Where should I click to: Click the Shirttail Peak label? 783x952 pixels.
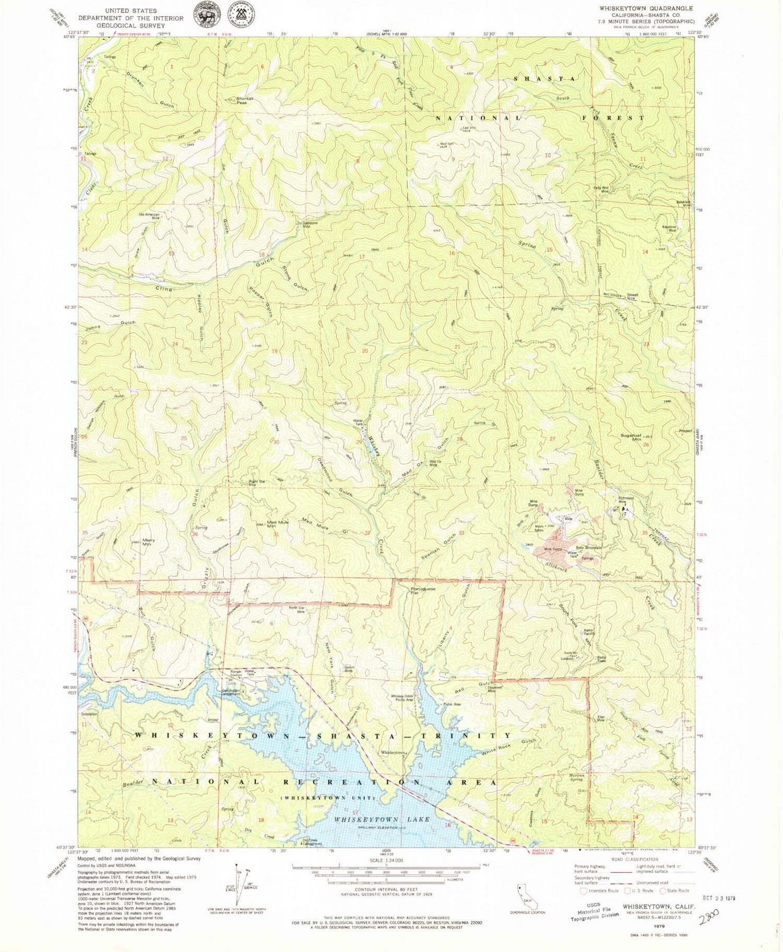click(x=245, y=100)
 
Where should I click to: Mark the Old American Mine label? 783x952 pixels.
click(x=149, y=216)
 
